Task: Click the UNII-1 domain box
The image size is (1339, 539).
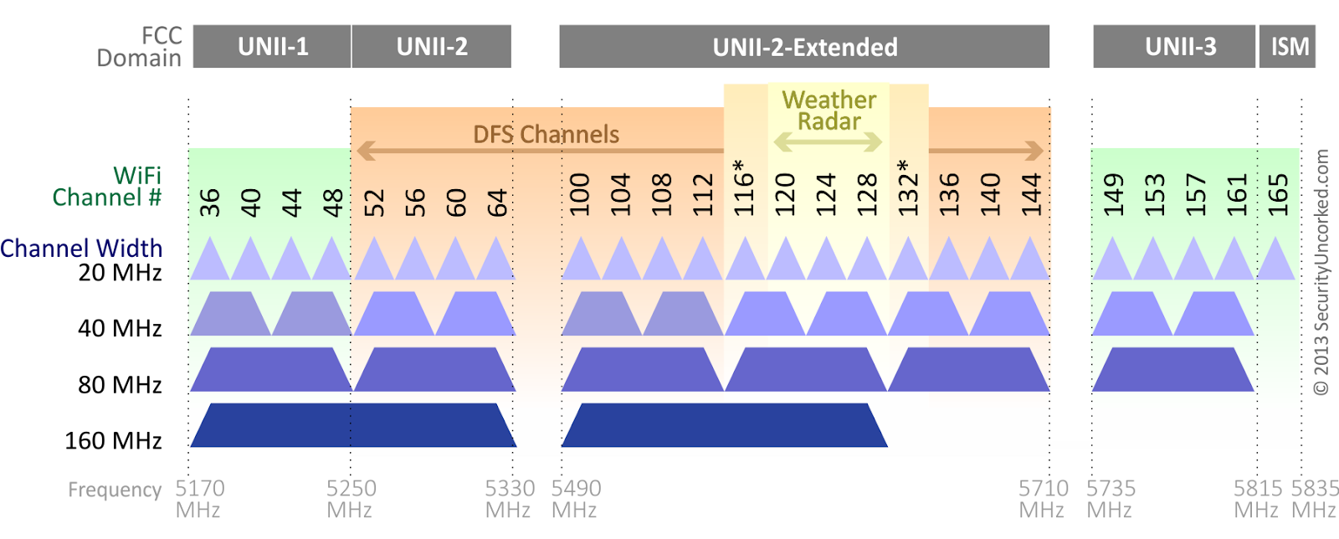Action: (x=272, y=47)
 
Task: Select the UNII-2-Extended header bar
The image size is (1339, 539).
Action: (x=804, y=47)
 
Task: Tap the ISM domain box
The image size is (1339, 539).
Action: (x=1288, y=47)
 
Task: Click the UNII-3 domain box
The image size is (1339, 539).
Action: (x=1174, y=47)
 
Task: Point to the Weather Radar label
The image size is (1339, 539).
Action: (x=829, y=110)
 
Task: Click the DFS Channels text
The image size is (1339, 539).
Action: (x=546, y=135)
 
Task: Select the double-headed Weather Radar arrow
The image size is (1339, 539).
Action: (x=828, y=142)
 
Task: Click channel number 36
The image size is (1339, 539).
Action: (x=210, y=202)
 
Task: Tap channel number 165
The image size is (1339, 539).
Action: (x=1277, y=195)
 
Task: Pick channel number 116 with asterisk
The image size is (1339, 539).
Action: (x=742, y=187)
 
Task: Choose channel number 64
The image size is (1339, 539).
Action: (x=497, y=202)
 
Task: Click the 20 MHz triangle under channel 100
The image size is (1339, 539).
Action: (x=581, y=258)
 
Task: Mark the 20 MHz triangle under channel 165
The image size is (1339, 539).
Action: (x=1276, y=258)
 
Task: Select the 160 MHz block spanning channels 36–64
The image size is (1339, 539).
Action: (x=353, y=425)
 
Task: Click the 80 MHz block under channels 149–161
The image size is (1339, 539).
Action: (x=1172, y=369)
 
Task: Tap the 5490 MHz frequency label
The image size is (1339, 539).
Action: (x=576, y=499)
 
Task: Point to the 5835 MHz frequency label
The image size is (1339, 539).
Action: (x=1315, y=499)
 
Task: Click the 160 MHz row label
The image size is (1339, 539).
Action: (x=113, y=440)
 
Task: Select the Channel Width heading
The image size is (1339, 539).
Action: (x=81, y=248)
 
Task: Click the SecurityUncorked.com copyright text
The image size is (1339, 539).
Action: (x=1321, y=272)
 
